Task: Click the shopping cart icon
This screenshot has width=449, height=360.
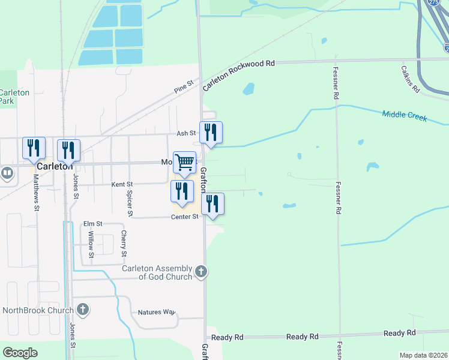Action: pos(185,162)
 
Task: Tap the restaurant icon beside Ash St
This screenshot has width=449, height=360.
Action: pos(211,132)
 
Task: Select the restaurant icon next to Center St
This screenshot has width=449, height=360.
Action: pos(212,203)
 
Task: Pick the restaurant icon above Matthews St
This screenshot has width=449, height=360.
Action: pos(34,148)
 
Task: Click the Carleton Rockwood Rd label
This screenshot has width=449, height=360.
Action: pos(238,75)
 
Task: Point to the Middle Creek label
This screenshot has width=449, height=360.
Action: pos(405,115)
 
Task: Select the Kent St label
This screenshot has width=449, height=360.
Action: pos(122,185)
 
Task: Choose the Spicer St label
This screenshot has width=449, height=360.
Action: pos(129,203)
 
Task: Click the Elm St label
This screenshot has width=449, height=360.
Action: pos(94,223)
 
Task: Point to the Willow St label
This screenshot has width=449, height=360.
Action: pos(91,245)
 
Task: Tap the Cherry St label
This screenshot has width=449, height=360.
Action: pos(124,244)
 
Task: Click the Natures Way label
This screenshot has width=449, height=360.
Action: pos(156,312)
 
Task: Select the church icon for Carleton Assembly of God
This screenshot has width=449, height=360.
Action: pos(202,272)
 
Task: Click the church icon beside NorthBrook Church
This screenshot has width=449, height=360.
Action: pos(83,310)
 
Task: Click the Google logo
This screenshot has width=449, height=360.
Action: pos(20,353)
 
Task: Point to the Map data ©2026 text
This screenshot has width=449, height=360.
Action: pos(423,355)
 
